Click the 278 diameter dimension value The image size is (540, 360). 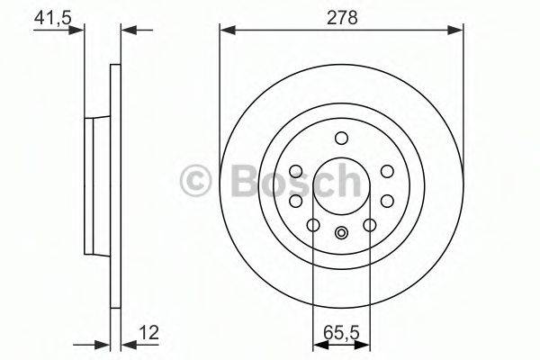[339, 15]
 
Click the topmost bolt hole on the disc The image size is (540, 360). [340, 138]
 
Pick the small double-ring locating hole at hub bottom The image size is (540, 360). [340, 234]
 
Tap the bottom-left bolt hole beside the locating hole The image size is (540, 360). [314, 225]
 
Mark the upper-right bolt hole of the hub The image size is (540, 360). [386, 171]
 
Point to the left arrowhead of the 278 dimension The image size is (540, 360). [226, 31]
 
